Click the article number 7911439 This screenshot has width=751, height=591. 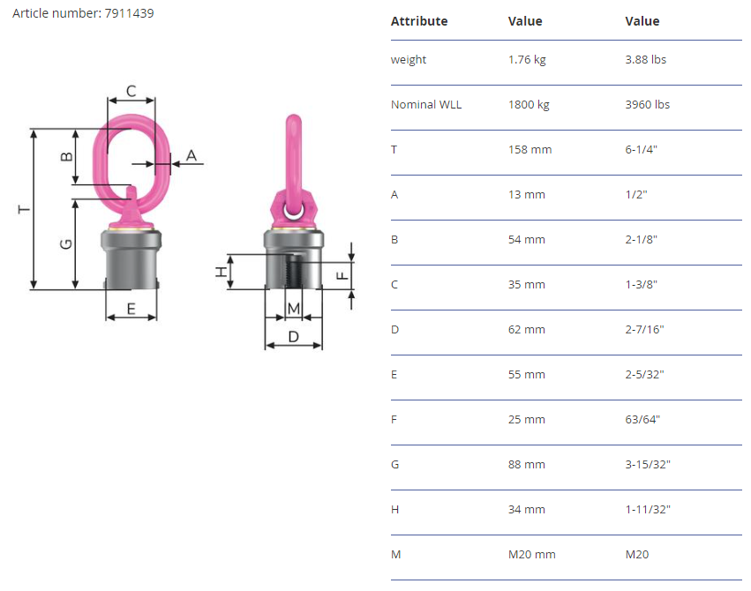pos(130,13)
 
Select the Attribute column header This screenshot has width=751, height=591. pos(419,21)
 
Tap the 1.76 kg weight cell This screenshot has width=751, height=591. pos(527,59)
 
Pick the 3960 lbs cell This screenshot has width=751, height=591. pos(647,104)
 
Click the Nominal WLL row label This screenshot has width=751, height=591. pos(426,104)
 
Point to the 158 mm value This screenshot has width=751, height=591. pos(529,149)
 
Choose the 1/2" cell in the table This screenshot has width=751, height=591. pos(636,194)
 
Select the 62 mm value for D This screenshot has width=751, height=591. pos(526,329)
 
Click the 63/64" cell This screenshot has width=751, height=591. pos(642,419)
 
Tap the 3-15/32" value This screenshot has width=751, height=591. pos(648,464)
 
